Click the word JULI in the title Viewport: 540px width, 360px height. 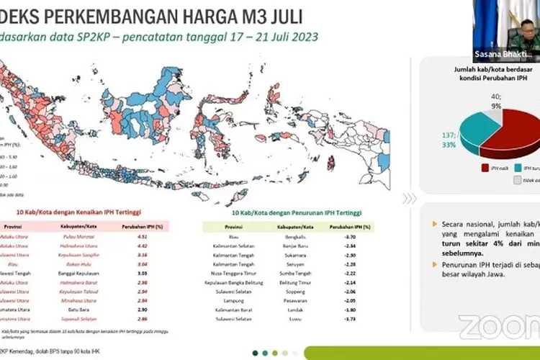pyautogui.click(x=278, y=17)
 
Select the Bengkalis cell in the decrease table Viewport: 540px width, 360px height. pyautogui.click(x=287, y=235)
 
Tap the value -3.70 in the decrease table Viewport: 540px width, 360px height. pyautogui.click(x=350, y=235)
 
